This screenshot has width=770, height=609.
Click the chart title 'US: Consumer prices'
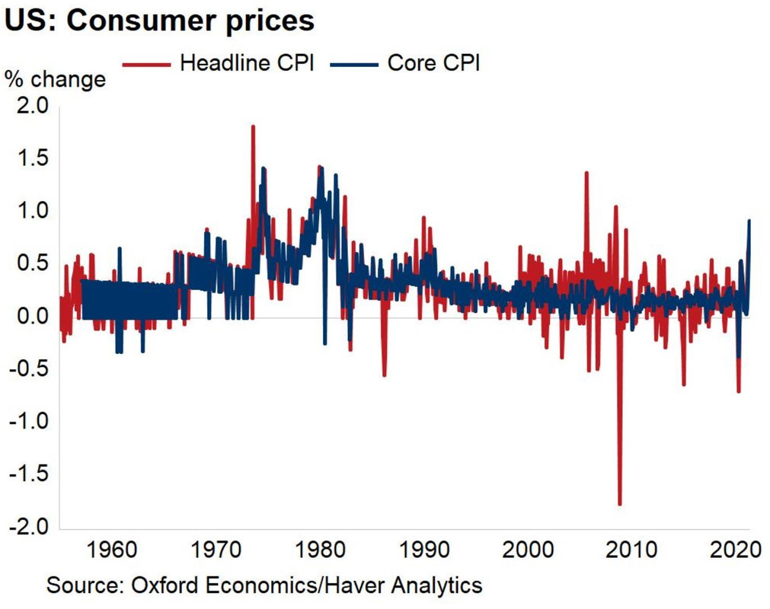160,21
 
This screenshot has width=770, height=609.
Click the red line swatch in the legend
148,63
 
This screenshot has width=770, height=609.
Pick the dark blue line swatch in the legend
355,63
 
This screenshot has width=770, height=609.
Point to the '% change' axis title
56,78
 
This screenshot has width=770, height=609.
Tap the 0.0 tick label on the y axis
32,317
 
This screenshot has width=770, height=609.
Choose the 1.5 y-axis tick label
32,158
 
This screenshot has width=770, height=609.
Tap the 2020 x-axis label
734,549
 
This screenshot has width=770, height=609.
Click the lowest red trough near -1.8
619,503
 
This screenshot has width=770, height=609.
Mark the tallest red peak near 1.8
253,127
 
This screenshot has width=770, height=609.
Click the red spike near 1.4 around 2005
586,174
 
